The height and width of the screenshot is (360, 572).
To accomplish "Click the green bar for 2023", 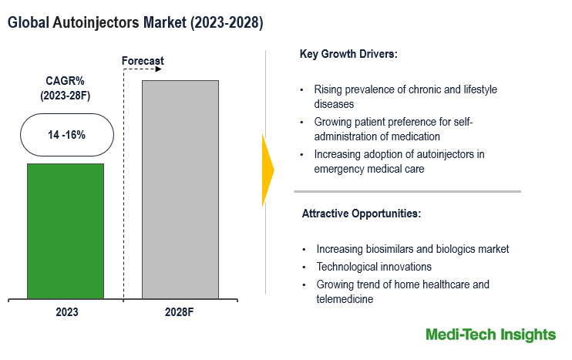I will tap(66, 230).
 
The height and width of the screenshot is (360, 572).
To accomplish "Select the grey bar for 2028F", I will tap(180, 189).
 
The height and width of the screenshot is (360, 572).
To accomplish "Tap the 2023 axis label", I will tap(66, 313).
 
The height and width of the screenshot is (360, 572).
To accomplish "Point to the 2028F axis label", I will tap(180, 313).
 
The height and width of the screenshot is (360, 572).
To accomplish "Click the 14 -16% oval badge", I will tap(66, 135).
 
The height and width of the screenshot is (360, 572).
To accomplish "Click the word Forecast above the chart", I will tap(143, 61).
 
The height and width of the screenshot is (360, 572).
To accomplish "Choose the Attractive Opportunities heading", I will tap(361, 213).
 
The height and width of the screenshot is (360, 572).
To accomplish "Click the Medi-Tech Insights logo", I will tap(490, 335).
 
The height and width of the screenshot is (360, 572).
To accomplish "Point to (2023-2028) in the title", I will tap(225, 23).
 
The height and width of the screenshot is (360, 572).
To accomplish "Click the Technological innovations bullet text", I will tap(374, 267).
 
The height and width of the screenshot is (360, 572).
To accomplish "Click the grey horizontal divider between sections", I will tap(407, 191).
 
